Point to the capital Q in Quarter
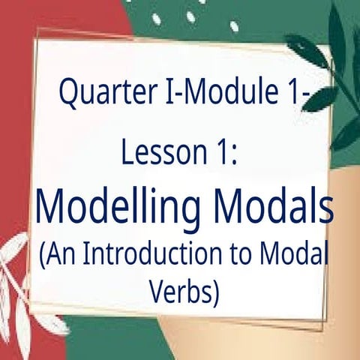[68, 96]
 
